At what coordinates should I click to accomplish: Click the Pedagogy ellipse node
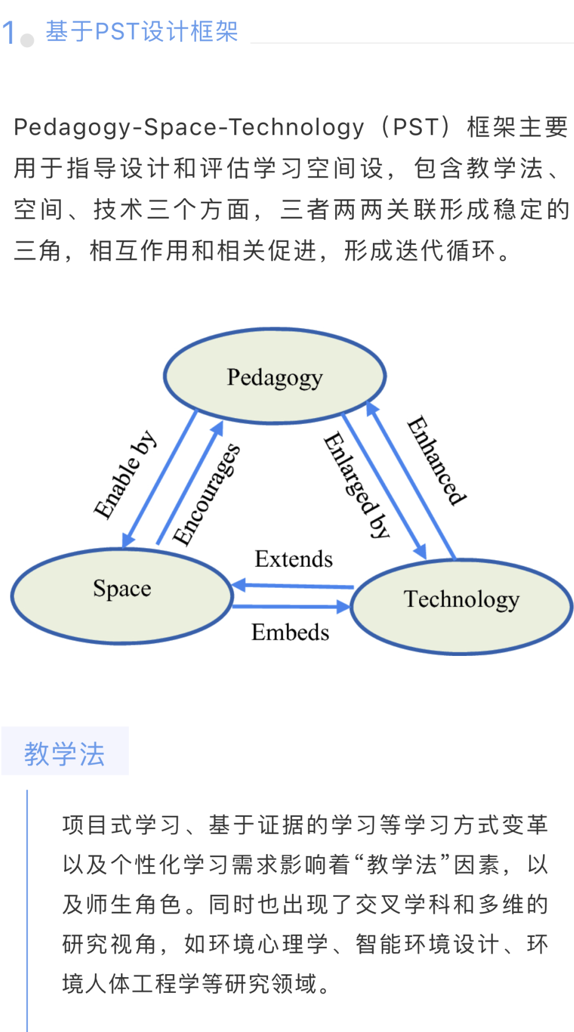click(x=274, y=376)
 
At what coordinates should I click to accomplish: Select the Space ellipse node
click(x=122, y=595)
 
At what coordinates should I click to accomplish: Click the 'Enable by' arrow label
click(x=125, y=475)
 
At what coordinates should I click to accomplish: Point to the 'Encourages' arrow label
click(x=207, y=494)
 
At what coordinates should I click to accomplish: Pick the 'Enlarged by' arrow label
click(x=356, y=485)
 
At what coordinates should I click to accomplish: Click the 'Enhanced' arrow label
click(x=436, y=460)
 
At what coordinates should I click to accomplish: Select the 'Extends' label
click(x=294, y=559)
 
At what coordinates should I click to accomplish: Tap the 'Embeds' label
click(x=290, y=633)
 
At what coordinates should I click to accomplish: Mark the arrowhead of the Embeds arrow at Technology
click(x=344, y=607)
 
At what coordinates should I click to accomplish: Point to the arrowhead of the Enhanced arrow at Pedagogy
click(x=371, y=408)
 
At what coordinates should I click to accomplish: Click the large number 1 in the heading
click(x=8, y=32)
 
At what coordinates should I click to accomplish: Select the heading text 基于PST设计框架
click(x=142, y=31)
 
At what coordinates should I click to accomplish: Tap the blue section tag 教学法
click(x=65, y=754)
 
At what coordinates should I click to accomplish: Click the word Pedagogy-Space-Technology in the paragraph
click(x=189, y=127)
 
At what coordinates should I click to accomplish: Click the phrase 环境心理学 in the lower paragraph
click(x=256, y=944)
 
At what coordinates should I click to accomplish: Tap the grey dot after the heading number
click(x=27, y=40)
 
